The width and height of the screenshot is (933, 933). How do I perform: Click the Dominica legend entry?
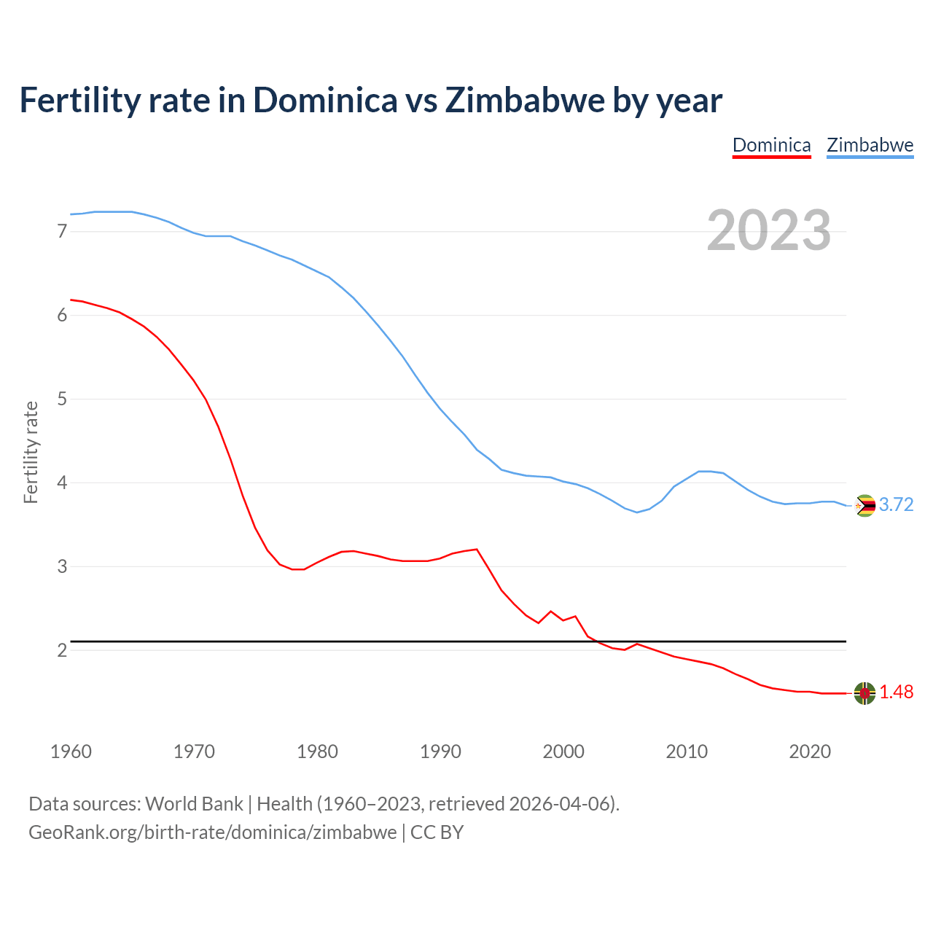coord(771,145)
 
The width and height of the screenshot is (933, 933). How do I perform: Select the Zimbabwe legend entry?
coord(870,145)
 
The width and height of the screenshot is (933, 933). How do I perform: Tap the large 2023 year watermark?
coord(769,230)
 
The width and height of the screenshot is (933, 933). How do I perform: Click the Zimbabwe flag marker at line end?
coord(865,505)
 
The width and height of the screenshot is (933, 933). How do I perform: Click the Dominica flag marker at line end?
coord(864,693)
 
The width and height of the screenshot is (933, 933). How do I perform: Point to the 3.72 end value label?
coord(896,504)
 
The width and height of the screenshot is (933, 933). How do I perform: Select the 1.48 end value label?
coord(896,692)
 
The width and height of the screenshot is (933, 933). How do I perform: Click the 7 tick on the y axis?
coord(62,232)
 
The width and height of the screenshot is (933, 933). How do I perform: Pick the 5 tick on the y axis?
coord(62,399)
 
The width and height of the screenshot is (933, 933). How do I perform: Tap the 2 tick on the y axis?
coord(62,650)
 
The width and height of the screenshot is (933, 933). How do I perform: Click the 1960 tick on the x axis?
coord(71,752)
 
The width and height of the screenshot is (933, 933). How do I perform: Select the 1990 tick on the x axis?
coord(440,752)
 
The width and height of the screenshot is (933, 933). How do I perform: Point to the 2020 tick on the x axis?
coord(810,752)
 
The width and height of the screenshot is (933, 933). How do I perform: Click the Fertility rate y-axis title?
coord(31,452)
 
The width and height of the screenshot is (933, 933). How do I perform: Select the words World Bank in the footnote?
coord(194,804)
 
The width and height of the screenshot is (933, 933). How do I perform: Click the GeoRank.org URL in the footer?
coord(212,832)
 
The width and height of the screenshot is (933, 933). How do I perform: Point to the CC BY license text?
coord(437,832)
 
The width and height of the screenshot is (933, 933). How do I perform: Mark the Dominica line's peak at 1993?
coord(477,549)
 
